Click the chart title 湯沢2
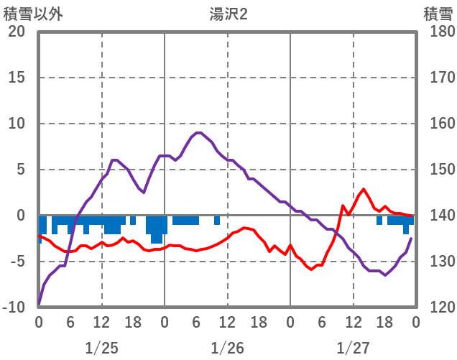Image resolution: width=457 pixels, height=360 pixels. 228,14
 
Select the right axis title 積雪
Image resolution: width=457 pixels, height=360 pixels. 437,14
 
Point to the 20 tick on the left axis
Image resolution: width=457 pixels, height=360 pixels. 17,32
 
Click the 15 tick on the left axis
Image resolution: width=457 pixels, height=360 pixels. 17,78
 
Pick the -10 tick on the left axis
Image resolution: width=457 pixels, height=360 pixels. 14,308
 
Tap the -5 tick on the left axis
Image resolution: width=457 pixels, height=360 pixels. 17,262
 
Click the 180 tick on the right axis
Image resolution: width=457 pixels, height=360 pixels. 437,32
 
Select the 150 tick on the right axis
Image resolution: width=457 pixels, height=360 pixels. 437,170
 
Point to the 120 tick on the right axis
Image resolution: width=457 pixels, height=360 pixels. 437,308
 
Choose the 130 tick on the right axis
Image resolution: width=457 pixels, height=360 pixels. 437,262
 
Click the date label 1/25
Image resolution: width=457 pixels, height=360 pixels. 101,349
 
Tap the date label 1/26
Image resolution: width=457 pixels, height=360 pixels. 228,349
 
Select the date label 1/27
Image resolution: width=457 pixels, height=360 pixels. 353,349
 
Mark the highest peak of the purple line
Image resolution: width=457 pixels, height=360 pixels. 198,133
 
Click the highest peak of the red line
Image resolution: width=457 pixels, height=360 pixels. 364,189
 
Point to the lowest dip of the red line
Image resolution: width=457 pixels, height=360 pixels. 311,269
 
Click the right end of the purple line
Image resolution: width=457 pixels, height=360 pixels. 412,239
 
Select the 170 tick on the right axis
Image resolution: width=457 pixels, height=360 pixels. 437,78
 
